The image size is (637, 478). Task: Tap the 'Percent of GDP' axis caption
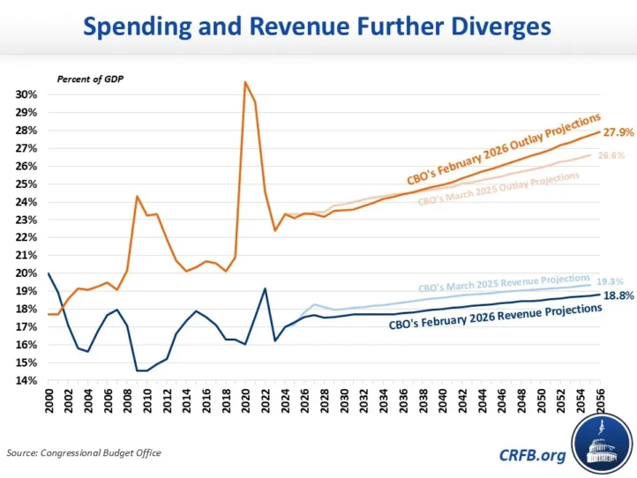(90, 78)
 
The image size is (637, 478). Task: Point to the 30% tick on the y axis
(26, 94)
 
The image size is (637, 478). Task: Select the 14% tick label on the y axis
(26, 380)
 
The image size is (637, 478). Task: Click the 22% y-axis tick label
(26, 237)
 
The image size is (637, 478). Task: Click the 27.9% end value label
(618, 131)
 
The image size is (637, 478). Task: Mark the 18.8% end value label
(618, 295)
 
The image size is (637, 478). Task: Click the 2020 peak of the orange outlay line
(245, 82)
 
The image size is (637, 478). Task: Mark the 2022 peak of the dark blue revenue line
(265, 288)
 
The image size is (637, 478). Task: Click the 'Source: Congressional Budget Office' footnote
(84, 453)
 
